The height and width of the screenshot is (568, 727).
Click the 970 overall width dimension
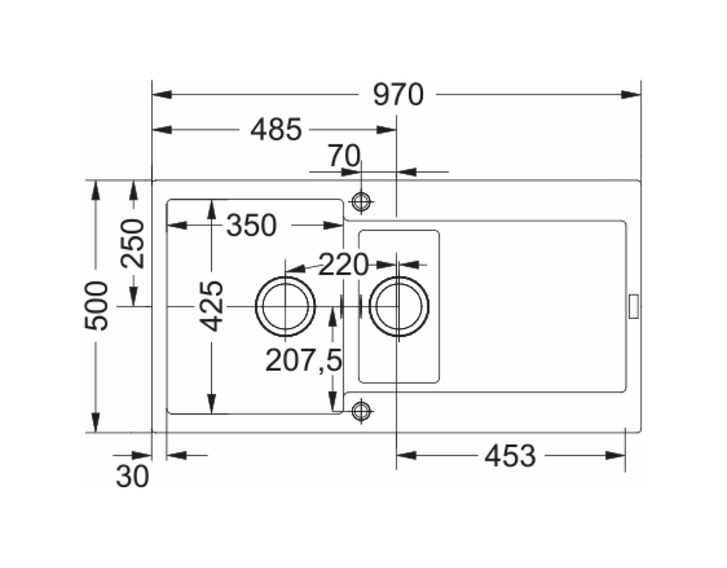tap(398, 94)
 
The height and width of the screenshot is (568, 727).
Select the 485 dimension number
tap(276, 129)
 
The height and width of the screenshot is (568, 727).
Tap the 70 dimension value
tap(344, 155)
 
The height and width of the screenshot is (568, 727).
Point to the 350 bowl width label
tap(251, 225)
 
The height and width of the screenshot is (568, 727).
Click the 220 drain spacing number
tap(343, 265)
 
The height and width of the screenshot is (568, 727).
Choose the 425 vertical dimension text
tap(212, 306)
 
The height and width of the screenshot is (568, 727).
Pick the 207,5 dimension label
tap(304, 360)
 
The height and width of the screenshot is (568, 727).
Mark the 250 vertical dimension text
tap(133, 244)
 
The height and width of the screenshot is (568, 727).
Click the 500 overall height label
tap(96, 305)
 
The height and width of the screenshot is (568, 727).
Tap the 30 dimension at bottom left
tap(133, 476)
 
